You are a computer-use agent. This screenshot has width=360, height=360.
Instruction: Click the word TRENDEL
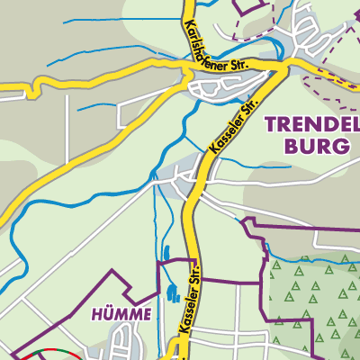tap(312, 125)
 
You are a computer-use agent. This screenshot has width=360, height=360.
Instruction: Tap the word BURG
tap(319, 146)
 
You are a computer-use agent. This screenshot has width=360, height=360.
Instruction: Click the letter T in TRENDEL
tap(270, 125)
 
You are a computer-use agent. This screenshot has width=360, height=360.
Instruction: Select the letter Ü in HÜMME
tap(107, 314)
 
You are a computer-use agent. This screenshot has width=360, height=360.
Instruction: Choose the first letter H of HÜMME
tap(97, 314)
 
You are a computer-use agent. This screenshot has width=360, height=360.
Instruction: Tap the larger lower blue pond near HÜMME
tap(170, 292)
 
